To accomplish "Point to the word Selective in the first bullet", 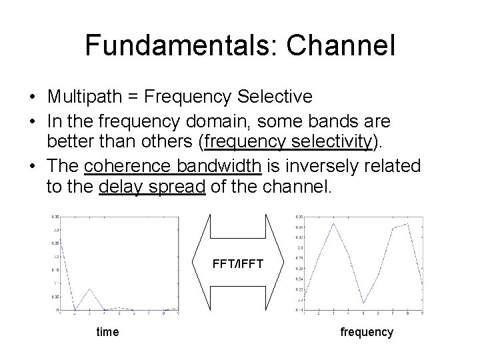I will pyautogui.click(x=279, y=97).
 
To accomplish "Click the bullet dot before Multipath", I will pyautogui.click(x=33, y=97).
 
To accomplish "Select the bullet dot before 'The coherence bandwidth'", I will pyautogui.click(x=33, y=165).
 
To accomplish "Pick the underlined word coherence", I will pyautogui.click(x=137, y=165).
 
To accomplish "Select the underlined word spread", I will pyautogui.click(x=176, y=187).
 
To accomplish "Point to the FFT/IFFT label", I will pyautogui.click(x=239, y=264).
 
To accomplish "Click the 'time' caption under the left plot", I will pyautogui.click(x=107, y=331).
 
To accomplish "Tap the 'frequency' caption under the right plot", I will pyautogui.click(x=367, y=331).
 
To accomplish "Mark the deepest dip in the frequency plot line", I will pyautogui.click(x=363, y=303).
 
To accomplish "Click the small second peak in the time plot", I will pyautogui.click(x=89, y=289).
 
